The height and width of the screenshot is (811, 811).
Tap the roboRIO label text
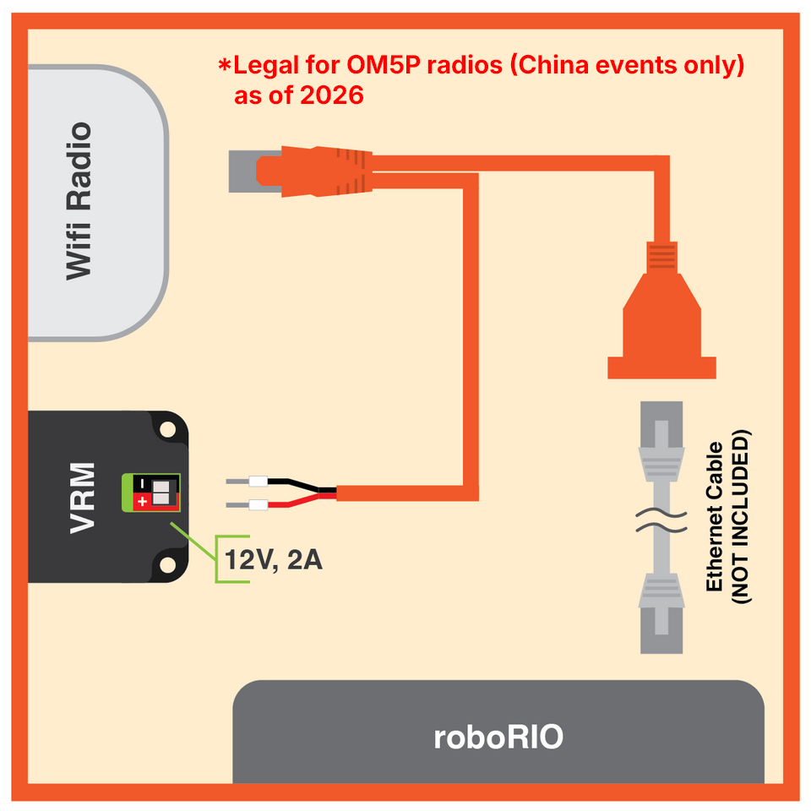tap(498, 737)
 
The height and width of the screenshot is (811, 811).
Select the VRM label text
tap(82, 498)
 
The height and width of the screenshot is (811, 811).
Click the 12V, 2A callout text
tap(273, 560)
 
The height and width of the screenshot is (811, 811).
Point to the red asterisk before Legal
tap(225, 65)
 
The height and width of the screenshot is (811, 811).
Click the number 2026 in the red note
tap(332, 95)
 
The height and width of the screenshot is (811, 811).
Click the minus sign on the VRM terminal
tap(143, 484)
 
